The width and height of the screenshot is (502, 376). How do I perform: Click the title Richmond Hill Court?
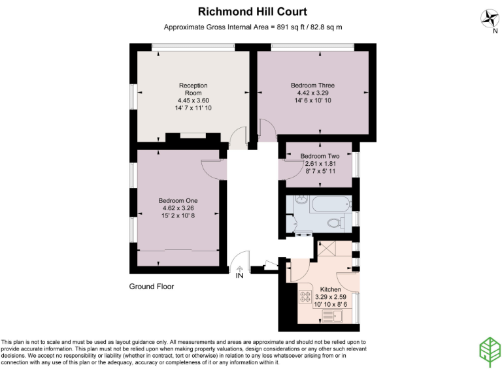(252, 12)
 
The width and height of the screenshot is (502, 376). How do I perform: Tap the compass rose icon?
(490, 18)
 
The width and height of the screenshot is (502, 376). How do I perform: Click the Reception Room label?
(193, 89)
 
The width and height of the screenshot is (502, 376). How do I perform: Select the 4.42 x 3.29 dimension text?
(313, 93)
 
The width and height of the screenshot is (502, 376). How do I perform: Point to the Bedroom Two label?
(320, 156)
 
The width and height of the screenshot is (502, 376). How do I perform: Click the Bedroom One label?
(178, 201)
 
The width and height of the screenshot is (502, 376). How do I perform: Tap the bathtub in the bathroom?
(331, 204)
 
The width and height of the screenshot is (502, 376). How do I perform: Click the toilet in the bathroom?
(336, 222)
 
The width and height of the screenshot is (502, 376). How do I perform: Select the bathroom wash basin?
(301, 200)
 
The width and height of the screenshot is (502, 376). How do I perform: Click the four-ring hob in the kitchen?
(305, 296)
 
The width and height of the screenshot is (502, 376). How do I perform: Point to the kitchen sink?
(332, 317)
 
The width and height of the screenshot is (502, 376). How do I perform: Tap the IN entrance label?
(239, 275)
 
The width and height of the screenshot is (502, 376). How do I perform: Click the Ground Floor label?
(152, 287)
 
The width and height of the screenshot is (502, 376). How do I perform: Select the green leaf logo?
(490, 352)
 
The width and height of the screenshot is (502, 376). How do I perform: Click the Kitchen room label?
(330, 289)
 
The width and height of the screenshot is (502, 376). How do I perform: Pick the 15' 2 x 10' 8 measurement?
(178, 215)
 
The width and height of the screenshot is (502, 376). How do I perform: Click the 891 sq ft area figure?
(289, 27)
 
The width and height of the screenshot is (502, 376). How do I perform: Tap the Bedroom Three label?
(313, 86)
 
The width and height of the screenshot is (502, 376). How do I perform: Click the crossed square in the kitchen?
(327, 249)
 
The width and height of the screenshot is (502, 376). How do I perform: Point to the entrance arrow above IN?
(240, 269)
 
